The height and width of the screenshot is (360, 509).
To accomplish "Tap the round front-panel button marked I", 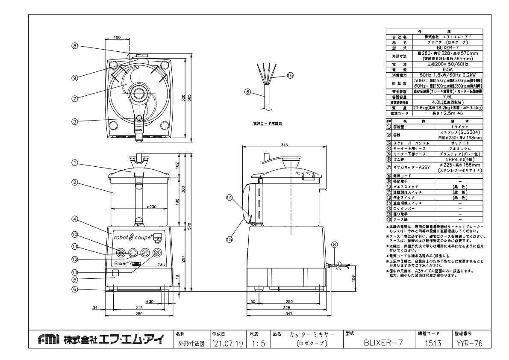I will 132,253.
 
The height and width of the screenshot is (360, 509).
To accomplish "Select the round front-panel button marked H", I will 145,253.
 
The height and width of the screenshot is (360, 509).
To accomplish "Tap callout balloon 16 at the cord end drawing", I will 290,75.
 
